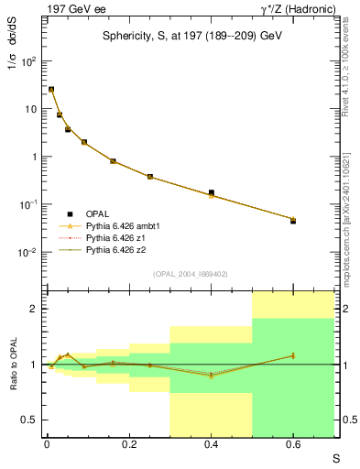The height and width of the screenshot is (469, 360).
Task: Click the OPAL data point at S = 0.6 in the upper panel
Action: click(293, 221)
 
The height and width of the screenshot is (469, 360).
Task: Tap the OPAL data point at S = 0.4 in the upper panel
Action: click(212, 193)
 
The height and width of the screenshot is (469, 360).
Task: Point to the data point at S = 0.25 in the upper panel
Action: click(150, 177)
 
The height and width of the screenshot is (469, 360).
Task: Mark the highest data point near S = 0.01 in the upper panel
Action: click(51, 90)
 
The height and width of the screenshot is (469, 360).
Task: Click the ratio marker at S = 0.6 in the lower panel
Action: click(293, 355)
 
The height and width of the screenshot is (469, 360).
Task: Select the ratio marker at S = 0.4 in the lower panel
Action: click(212, 376)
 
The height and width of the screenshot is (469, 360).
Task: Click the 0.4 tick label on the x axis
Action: click(212, 444)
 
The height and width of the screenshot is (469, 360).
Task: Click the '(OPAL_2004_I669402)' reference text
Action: click(190, 273)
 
